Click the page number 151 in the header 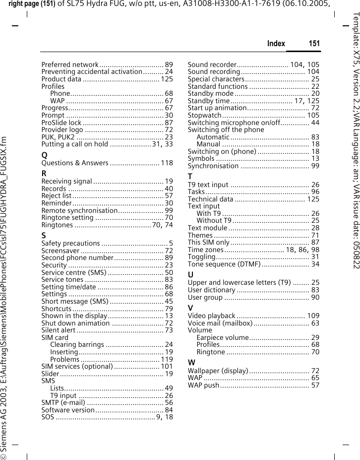click(314, 44)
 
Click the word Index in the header click(276, 44)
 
